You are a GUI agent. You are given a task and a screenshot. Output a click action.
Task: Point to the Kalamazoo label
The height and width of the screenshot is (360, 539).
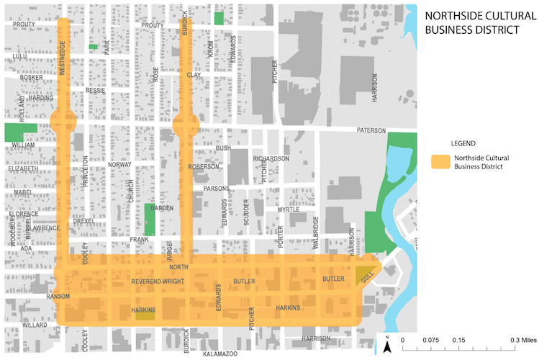click(219, 354)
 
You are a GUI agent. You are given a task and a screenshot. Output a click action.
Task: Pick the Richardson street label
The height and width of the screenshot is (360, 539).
click(271, 158)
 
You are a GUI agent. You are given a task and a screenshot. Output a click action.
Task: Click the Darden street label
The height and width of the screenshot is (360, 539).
click(162, 209)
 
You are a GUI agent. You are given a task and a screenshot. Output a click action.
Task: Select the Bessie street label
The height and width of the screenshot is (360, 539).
click(95, 91)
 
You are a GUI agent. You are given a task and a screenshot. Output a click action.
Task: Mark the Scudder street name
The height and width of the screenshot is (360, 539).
click(246, 231)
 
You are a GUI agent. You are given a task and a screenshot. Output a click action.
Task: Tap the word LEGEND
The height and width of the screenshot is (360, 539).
click(462, 143)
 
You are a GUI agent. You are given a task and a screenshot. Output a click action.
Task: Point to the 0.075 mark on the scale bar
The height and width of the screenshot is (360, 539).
click(430, 338)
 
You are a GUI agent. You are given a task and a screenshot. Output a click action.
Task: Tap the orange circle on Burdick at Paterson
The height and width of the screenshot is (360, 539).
click(186, 125)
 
